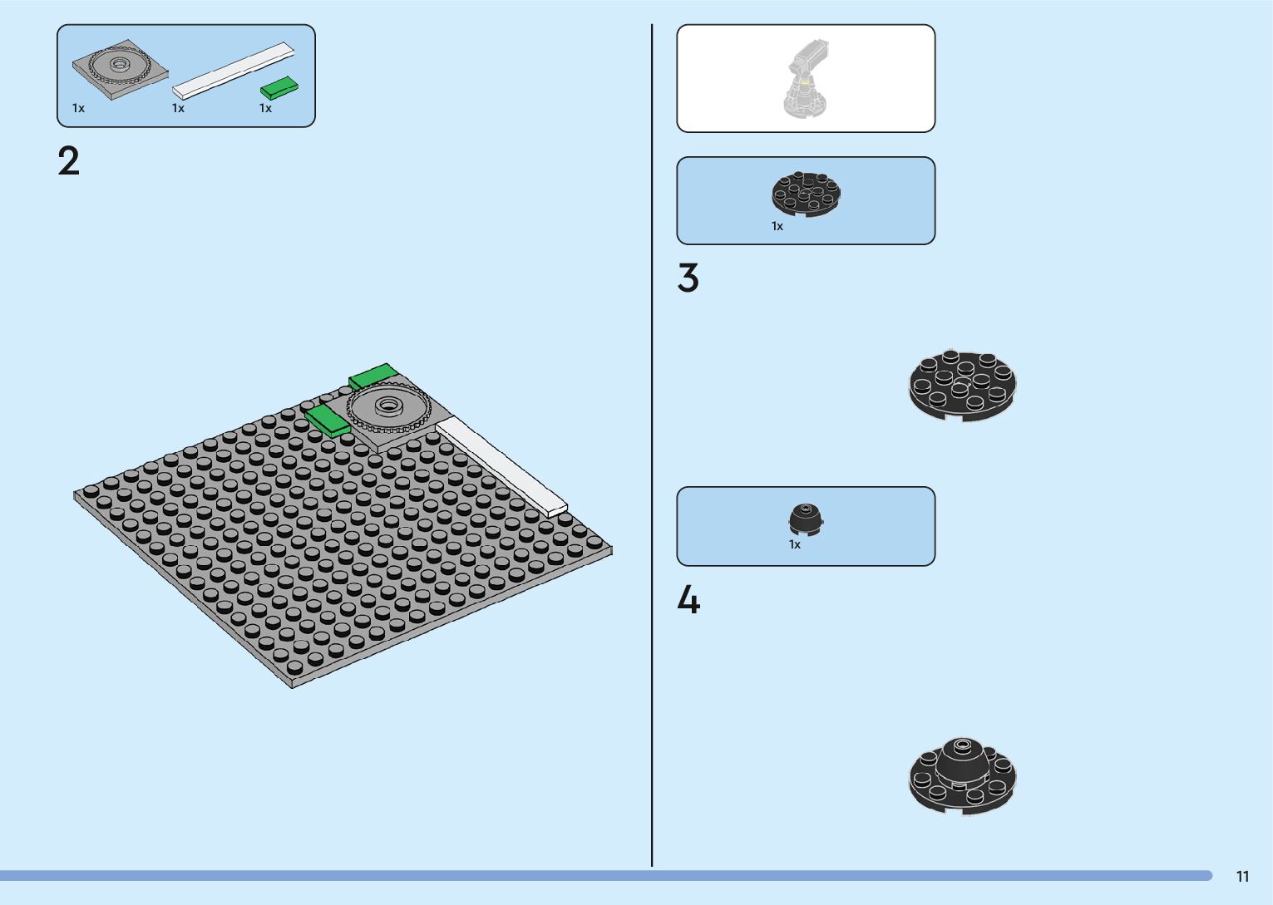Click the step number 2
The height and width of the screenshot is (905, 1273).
(69, 160)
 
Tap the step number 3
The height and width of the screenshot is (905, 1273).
(688, 278)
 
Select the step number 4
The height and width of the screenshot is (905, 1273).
(688, 600)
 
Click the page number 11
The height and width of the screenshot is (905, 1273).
(1242, 877)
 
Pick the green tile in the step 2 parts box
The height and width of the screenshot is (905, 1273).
(280, 87)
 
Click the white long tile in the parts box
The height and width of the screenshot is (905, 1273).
(234, 70)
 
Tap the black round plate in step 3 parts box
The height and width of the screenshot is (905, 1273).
(806, 194)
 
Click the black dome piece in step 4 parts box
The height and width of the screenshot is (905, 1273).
(806, 519)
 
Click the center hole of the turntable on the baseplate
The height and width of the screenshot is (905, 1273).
(387, 406)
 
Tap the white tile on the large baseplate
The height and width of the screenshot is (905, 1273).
(501, 465)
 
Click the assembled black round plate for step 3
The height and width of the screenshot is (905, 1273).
(962, 385)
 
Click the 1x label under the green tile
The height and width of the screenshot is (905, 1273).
(265, 109)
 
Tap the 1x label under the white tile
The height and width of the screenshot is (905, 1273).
(178, 109)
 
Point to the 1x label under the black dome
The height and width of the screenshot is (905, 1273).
(795, 545)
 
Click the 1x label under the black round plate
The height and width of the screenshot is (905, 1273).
(777, 227)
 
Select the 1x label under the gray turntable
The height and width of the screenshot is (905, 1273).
(78, 109)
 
